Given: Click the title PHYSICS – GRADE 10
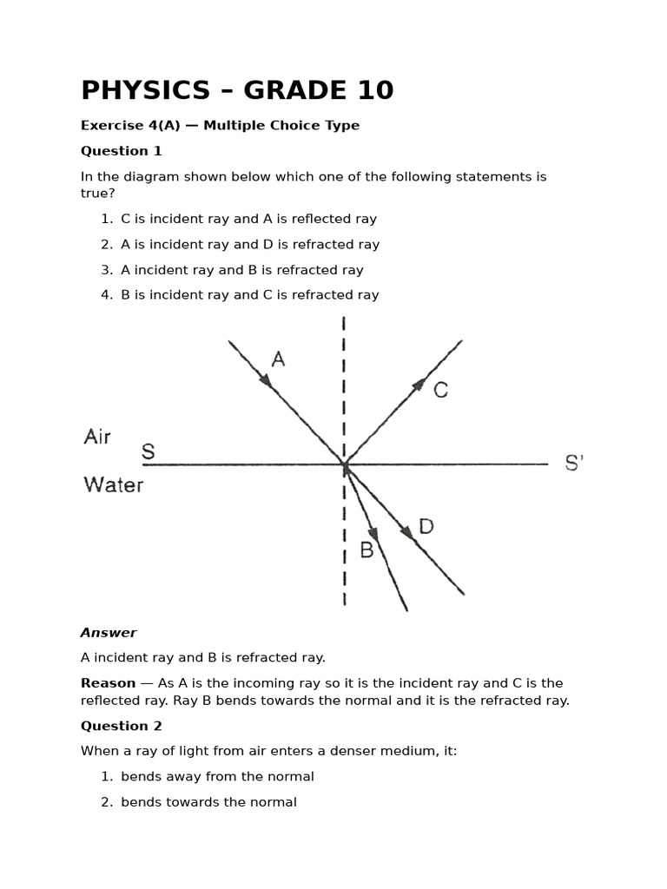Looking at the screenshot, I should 237,90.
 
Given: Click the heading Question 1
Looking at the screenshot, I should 122,151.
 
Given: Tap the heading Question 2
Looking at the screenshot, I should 122,726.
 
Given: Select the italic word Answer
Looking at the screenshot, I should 109,633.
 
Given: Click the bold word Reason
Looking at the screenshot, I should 108,683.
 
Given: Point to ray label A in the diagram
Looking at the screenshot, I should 278,359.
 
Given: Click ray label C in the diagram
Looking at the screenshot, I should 440,391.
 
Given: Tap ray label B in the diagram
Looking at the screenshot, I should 367,550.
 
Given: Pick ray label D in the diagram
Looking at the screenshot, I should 426,526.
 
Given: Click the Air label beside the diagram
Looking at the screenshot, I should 97,437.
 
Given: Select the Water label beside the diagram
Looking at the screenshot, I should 114,484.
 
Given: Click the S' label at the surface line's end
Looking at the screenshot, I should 574,464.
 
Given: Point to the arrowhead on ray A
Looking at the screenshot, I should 266,380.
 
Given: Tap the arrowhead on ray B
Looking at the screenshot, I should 373,533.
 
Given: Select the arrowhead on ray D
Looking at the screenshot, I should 406,532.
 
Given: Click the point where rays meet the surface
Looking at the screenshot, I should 345,465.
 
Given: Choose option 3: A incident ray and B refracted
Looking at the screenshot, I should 241,270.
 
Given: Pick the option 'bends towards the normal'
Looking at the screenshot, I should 208,802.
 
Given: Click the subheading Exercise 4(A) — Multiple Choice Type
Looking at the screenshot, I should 220,125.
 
